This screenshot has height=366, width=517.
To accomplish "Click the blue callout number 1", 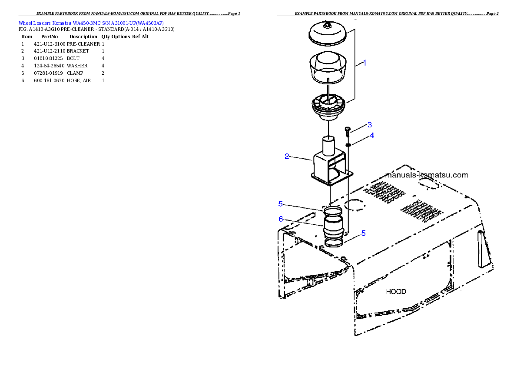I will point(365,63).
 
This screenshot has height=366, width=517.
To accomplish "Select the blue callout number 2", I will point(287,156).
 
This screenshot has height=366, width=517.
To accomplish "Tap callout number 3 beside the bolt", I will point(369,125).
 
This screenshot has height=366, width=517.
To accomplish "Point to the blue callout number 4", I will point(372,136).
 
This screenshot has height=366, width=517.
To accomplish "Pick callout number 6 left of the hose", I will point(281,219).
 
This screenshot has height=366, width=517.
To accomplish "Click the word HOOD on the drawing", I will point(396,291).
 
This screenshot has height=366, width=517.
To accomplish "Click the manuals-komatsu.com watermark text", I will point(427,175).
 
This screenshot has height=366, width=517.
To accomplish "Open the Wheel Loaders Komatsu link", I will point(45,23).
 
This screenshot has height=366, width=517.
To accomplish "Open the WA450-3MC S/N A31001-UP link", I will point(118,23).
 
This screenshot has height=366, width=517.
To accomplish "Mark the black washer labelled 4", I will point(348,145).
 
